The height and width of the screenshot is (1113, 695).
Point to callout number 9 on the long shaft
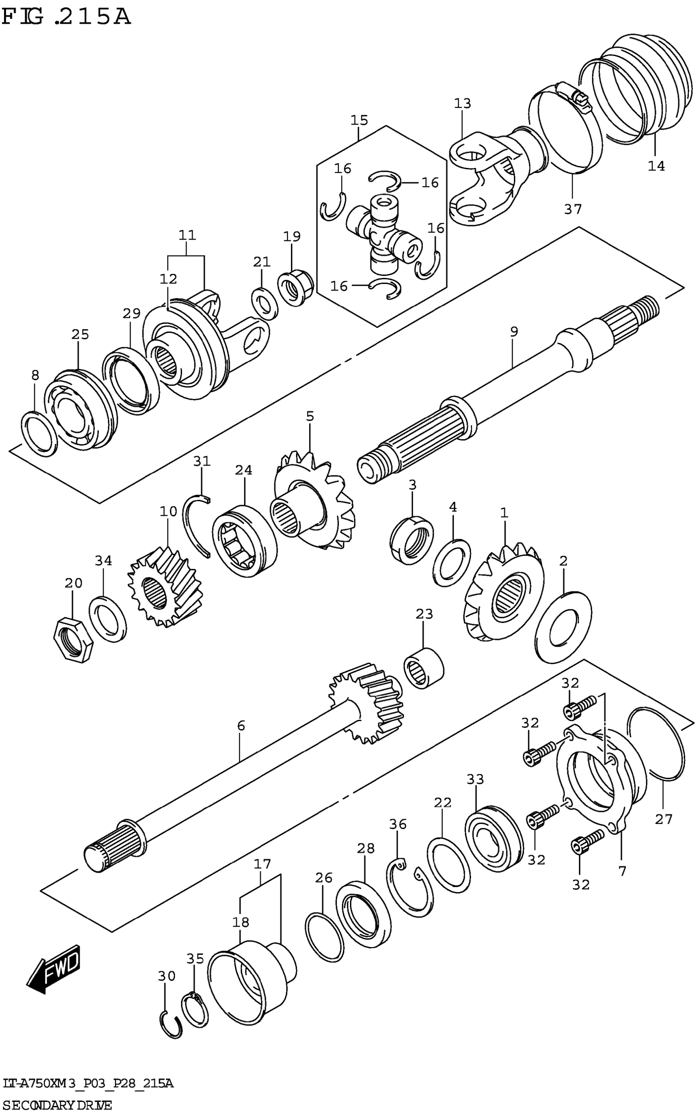tap(513, 331)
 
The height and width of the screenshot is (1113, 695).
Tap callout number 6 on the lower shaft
tap(241, 726)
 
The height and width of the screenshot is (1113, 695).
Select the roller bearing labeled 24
tap(244, 541)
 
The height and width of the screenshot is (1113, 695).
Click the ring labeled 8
tap(40, 434)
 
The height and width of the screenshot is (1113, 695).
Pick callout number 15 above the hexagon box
tap(359, 121)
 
